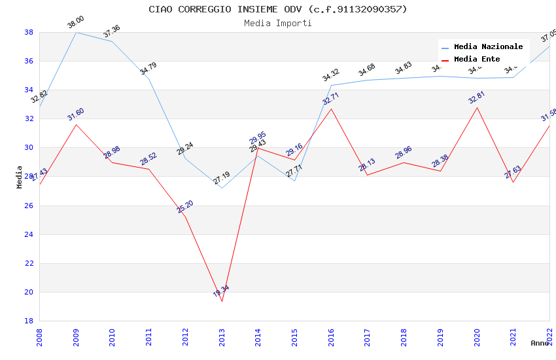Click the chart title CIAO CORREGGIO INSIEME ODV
277,9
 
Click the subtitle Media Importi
277,23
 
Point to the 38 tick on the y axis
29,32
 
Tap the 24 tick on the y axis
29,234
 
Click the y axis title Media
20,177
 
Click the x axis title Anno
540,343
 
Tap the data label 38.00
76,23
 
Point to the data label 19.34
221,291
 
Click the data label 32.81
477,99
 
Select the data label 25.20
185,207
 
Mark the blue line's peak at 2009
76,32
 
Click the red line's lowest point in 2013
222,301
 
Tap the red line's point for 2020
477,107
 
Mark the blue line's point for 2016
331,85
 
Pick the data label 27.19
221,177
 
